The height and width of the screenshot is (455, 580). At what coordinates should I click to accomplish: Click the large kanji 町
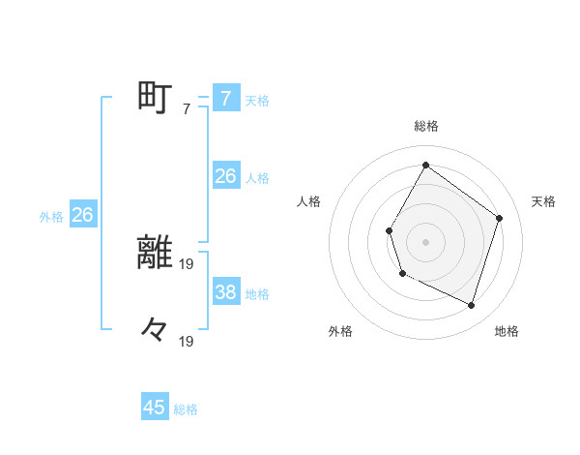click(156, 98)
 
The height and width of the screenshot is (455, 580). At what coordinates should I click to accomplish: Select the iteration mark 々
click(155, 330)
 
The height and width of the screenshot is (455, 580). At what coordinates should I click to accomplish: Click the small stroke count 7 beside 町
click(187, 109)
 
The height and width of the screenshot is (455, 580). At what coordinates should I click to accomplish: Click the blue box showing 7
click(225, 99)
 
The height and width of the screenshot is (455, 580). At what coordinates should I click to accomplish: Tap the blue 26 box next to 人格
click(225, 176)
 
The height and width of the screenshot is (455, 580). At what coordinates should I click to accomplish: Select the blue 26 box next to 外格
click(82, 215)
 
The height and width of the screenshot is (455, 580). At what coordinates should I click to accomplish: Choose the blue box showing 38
click(225, 292)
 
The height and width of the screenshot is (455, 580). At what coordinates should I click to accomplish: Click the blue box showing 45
click(155, 408)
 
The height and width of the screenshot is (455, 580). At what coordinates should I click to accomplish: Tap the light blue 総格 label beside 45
click(186, 409)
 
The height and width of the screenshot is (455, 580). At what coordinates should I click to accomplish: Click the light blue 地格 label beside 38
click(257, 294)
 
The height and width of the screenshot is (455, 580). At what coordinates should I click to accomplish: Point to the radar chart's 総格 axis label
click(425, 126)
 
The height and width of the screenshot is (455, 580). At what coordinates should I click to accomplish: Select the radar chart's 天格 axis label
click(543, 201)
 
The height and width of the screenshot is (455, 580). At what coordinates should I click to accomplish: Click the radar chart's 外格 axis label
click(340, 331)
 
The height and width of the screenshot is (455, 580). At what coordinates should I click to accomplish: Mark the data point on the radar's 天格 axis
click(499, 218)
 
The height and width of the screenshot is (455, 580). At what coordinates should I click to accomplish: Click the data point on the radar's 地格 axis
click(471, 305)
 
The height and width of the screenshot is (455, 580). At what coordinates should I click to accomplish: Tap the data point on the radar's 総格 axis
click(425, 165)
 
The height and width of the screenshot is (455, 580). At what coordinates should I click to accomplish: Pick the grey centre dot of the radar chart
click(425, 242)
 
